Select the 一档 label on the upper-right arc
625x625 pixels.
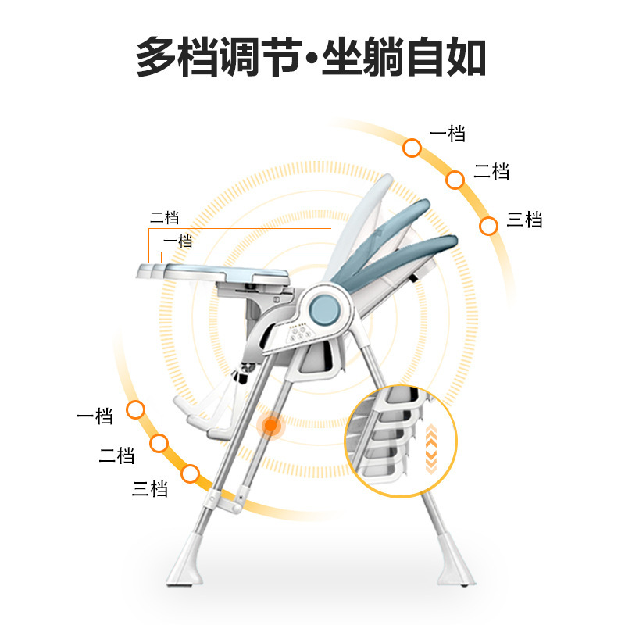tap(448, 134)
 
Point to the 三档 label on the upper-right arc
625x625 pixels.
tap(524, 220)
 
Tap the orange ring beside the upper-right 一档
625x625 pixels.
tap(412, 147)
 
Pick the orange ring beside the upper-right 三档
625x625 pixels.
tap(489, 226)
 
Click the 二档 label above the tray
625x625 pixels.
tap(165, 218)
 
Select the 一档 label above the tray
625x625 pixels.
tap(177, 241)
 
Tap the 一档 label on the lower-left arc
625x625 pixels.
tap(95, 416)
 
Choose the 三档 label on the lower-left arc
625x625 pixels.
tap(150, 490)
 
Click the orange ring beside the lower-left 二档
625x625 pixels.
tap(159, 444)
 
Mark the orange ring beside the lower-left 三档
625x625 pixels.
tap(190, 473)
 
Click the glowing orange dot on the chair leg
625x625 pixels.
tap(271, 425)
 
